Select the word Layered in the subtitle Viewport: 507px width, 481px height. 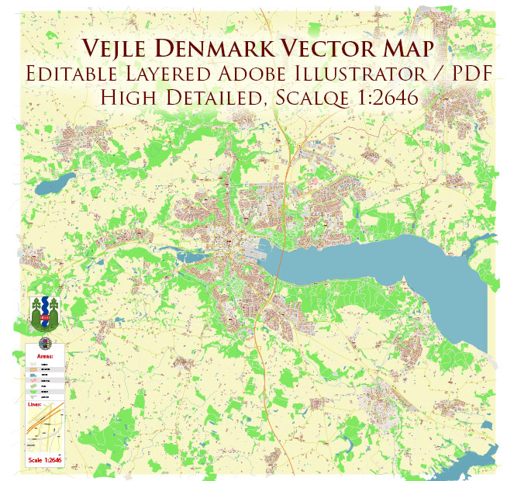[177, 74]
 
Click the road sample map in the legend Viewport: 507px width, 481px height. [44, 431]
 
